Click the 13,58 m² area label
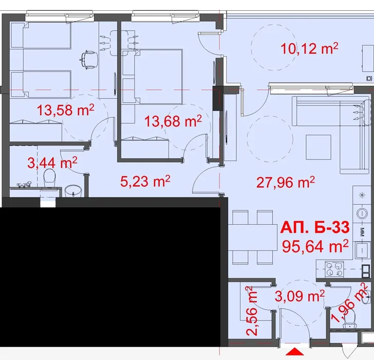(x=66, y=110)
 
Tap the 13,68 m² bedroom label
(x=173, y=121)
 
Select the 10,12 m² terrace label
(x=309, y=48)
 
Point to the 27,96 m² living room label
(x=286, y=182)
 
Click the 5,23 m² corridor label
(x=145, y=181)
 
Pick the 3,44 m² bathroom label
(x=52, y=163)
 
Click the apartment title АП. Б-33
(x=315, y=227)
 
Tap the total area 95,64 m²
(x=315, y=246)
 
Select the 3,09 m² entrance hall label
(x=300, y=296)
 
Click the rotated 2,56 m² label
(x=252, y=311)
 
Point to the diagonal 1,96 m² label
(x=349, y=303)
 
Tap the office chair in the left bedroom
(x=88, y=60)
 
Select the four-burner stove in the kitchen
(x=334, y=269)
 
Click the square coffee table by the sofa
(x=319, y=147)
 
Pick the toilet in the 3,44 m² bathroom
(x=50, y=178)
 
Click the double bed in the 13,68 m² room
(x=153, y=77)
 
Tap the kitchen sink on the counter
(x=362, y=250)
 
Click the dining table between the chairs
(x=252, y=237)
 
